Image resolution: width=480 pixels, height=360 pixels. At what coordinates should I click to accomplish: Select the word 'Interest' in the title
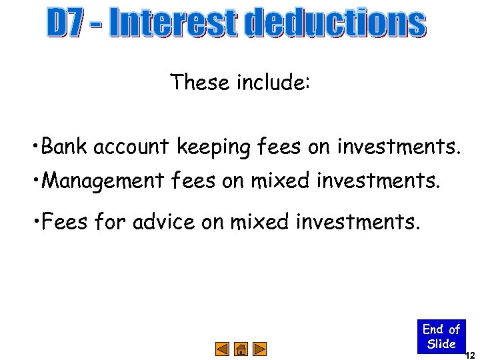click(173, 24)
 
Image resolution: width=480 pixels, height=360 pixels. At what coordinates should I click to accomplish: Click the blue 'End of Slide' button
click(441, 337)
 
